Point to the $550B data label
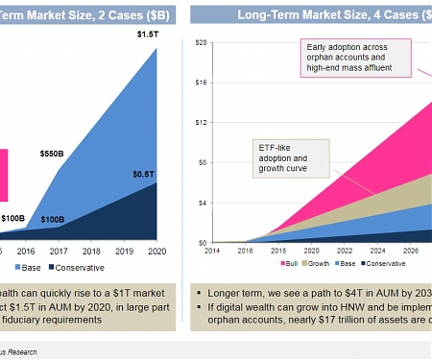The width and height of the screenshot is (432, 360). tap(53, 154)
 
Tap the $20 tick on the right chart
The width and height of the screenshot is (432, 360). tap(202, 42)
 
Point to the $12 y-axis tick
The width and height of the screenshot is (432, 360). tap(202, 122)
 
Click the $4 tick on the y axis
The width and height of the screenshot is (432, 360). tap(204, 203)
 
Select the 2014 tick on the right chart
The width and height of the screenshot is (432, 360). tap(213, 251)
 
